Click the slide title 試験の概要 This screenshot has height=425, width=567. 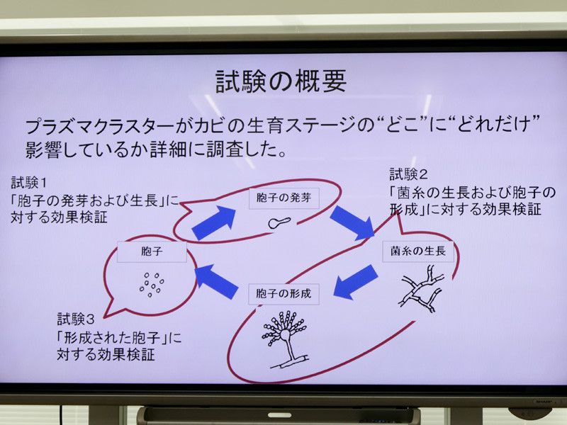[281, 81]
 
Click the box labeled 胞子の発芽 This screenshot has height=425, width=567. [283, 198]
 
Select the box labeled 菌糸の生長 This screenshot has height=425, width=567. [417, 251]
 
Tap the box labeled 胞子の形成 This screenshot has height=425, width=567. [283, 292]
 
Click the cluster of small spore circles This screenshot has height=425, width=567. [150, 284]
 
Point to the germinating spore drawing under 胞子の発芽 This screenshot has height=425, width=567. [279, 222]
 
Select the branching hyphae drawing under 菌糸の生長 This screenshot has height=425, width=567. [422, 287]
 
